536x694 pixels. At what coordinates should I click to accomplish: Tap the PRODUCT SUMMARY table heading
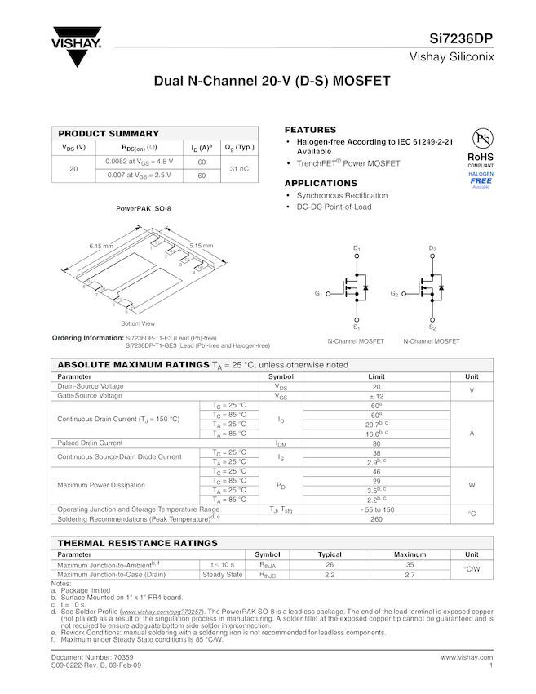coord(109,133)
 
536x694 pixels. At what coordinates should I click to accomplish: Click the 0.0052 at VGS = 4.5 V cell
coord(139,162)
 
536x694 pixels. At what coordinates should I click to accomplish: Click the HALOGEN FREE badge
coord(481,180)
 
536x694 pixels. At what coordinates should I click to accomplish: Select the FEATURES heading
coord(310,130)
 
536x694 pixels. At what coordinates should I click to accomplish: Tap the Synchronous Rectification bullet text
coord(342,196)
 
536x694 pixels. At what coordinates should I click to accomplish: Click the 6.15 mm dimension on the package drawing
coord(100,246)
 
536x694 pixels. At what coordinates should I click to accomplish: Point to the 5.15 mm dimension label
coord(201,246)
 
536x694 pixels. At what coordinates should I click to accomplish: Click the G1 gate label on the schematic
coord(319,293)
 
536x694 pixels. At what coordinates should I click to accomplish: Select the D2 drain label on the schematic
coord(432,248)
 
